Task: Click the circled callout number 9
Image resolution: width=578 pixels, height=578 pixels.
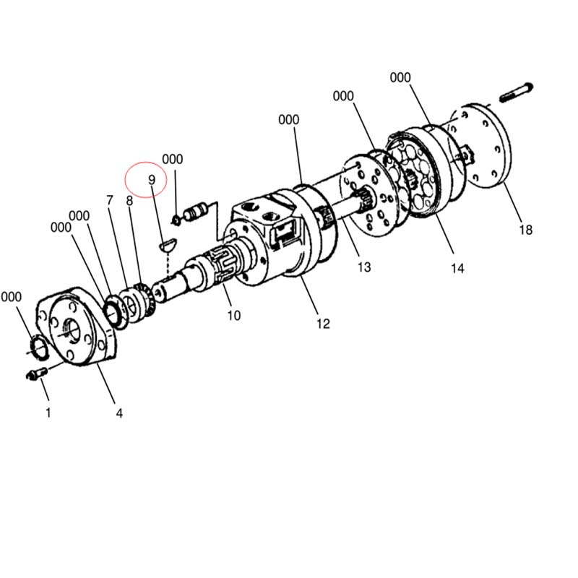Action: pos(152,180)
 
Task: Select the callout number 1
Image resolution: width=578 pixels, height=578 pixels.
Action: pos(48,413)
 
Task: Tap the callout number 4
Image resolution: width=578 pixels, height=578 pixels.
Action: pos(119,413)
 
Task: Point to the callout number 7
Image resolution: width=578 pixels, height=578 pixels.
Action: pos(110,200)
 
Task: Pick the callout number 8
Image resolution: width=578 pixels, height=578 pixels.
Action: pos(129,201)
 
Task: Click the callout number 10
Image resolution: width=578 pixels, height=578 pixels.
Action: pos(234,316)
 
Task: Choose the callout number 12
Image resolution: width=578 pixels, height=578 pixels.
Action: pos(323,324)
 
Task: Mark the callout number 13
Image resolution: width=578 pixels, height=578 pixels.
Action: pos(364,267)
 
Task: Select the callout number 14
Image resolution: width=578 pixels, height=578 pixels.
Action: pos(457,268)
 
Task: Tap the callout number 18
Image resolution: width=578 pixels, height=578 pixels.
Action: pos(526,230)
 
